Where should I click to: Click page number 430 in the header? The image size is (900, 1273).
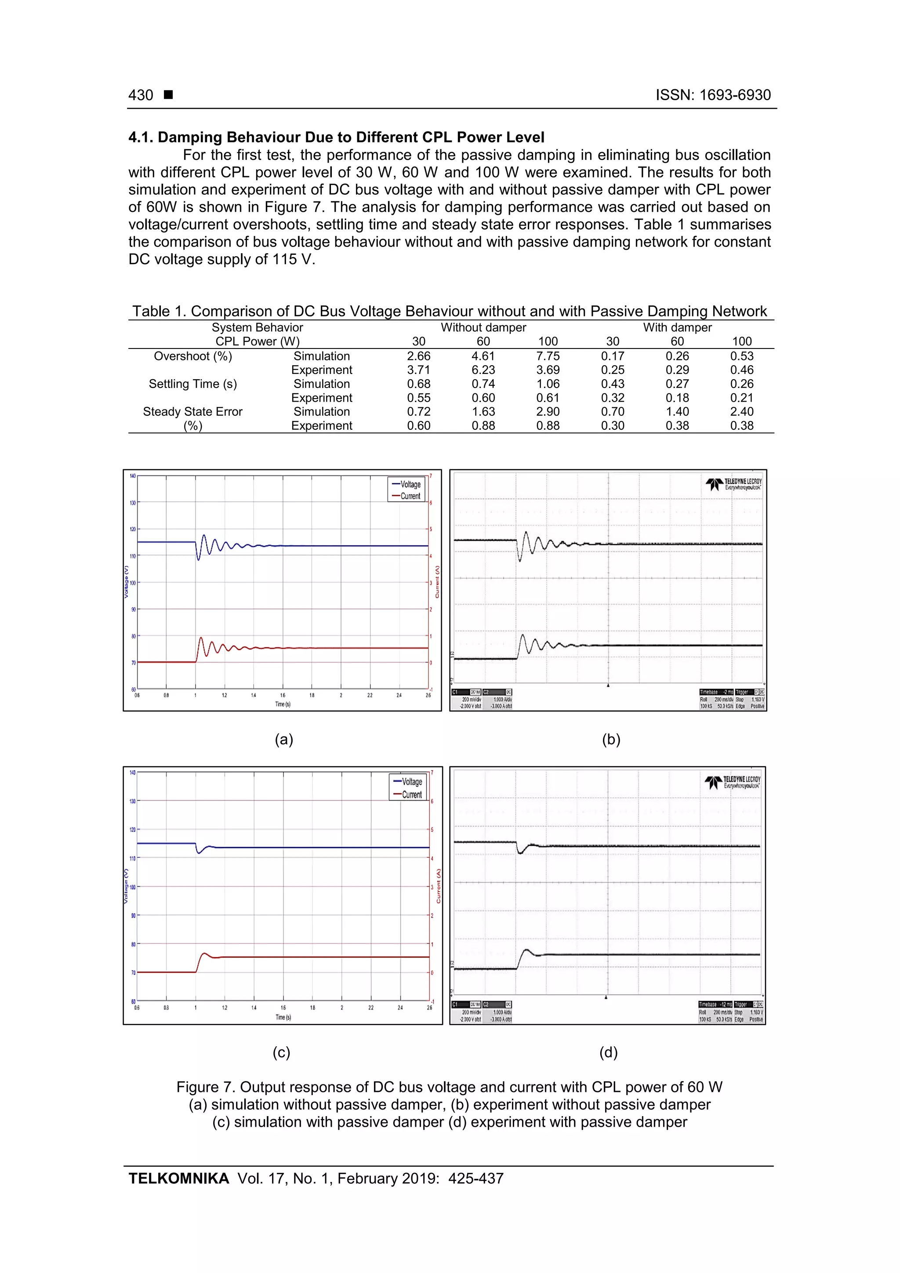(x=141, y=95)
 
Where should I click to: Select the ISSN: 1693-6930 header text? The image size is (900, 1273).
(x=712, y=95)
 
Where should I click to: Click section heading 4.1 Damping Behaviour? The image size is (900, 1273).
(x=336, y=137)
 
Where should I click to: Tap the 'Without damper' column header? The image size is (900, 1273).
(x=483, y=327)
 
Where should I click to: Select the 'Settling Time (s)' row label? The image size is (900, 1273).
(x=192, y=384)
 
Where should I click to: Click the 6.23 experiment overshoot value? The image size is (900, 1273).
(x=483, y=370)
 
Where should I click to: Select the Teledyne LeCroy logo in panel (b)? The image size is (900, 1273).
(x=733, y=484)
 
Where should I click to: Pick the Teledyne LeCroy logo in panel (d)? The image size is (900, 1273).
(x=733, y=782)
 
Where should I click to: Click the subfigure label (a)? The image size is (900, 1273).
(x=284, y=739)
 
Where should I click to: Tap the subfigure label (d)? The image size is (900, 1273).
(x=608, y=1052)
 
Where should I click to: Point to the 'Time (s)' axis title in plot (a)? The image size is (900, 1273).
(x=283, y=704)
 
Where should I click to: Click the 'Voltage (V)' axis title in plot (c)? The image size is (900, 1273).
(x=126, y=886)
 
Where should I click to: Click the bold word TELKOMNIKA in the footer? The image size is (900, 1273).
(x=178, y=1178)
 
